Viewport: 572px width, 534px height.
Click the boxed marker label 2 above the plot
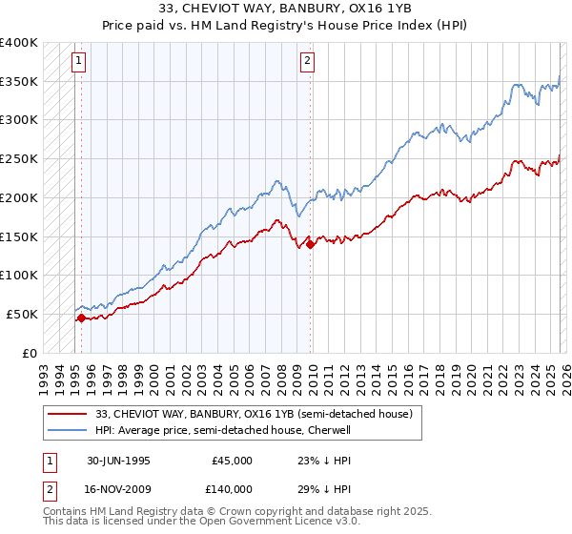[308, 62]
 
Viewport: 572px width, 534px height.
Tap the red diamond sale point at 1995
[81, 318]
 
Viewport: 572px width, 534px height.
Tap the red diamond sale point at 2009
[311, 244]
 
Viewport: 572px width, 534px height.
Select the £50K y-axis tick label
[23, 314]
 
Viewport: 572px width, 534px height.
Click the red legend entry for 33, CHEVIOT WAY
[254, 415]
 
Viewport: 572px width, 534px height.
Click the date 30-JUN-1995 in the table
[118, 460]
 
